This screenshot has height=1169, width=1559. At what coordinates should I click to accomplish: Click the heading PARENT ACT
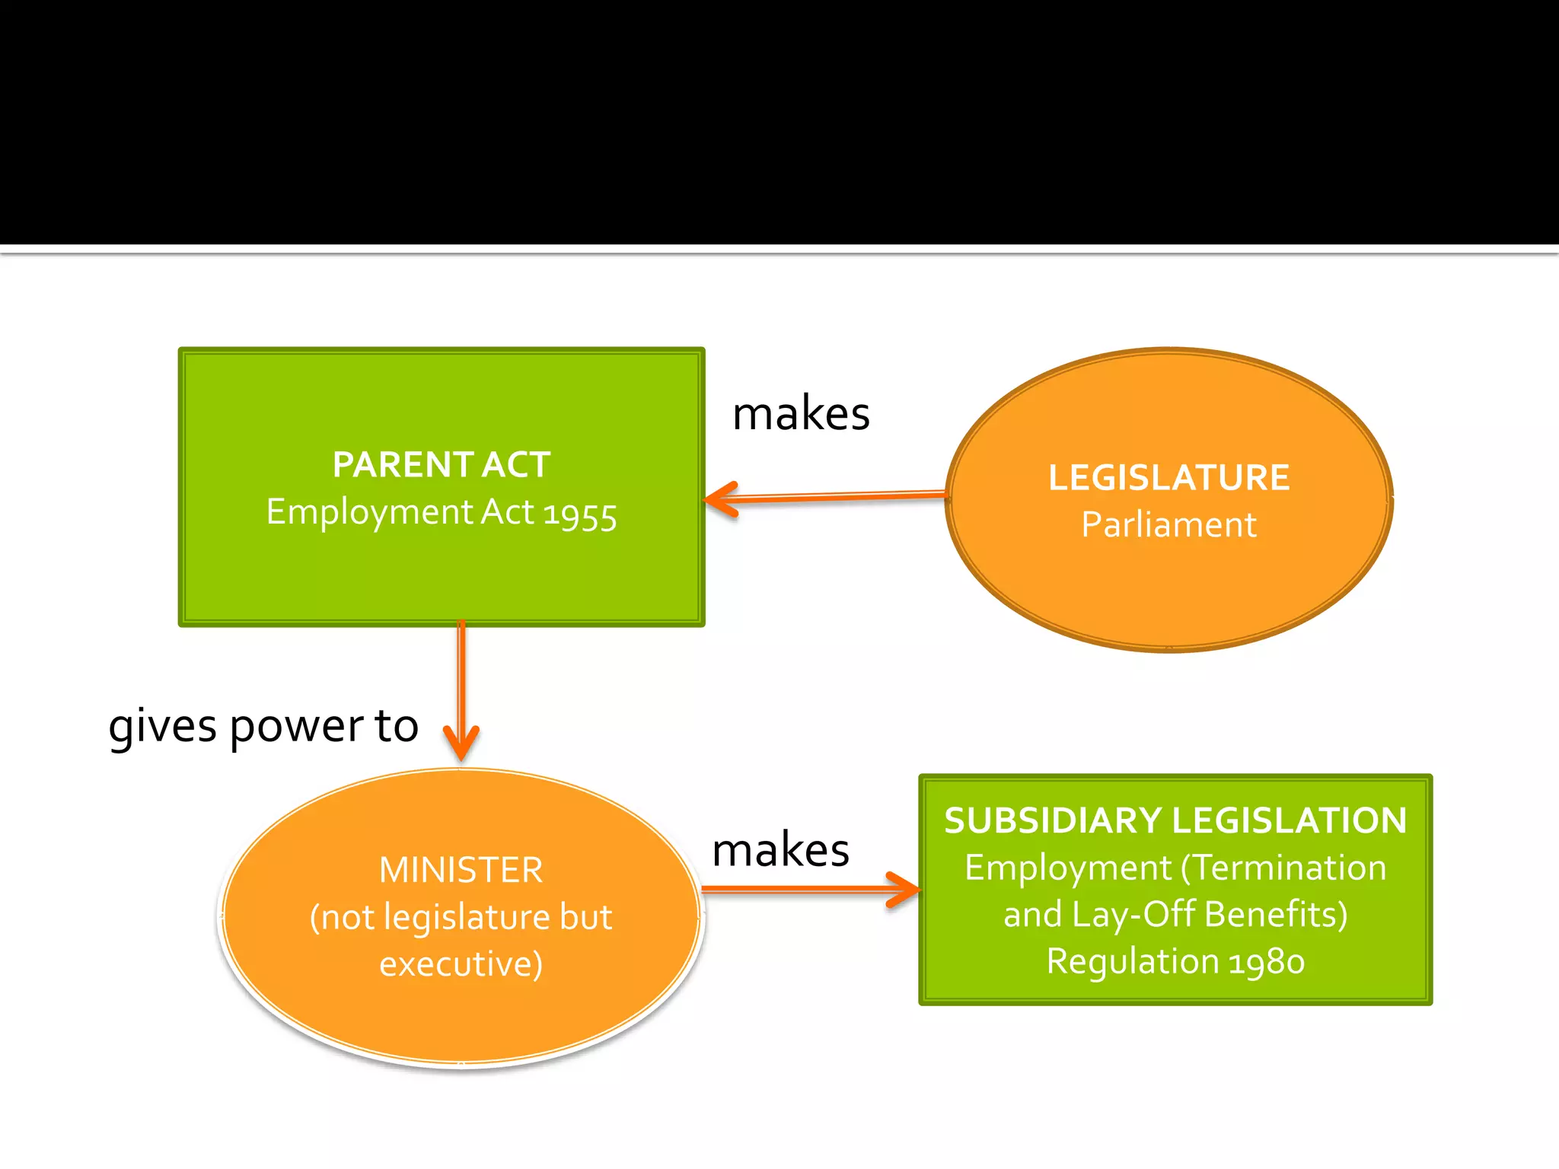[x=441, y=464]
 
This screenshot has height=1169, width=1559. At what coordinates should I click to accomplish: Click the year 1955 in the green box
[x=579, y=514]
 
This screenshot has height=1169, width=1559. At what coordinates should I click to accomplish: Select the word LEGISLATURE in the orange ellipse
[x=1168, y=478]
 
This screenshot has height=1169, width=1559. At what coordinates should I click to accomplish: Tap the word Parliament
[x=1168, y=525]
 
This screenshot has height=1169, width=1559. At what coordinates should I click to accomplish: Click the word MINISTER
[x=461, y=870]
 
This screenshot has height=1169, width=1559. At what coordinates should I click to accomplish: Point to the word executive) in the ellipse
[x=461, y=964]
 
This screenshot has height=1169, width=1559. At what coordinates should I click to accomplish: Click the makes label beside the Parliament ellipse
[x=801, y=414]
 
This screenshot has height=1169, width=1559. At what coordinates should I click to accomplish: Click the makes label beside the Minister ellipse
[x=780, y=850]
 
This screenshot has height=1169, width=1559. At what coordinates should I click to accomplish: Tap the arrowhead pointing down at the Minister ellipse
[x=461, y=746]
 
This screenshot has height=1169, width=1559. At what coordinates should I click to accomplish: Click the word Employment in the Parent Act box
[x=369, y=512]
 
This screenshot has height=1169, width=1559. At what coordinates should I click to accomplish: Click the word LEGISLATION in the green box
[x=1289, y=820]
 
